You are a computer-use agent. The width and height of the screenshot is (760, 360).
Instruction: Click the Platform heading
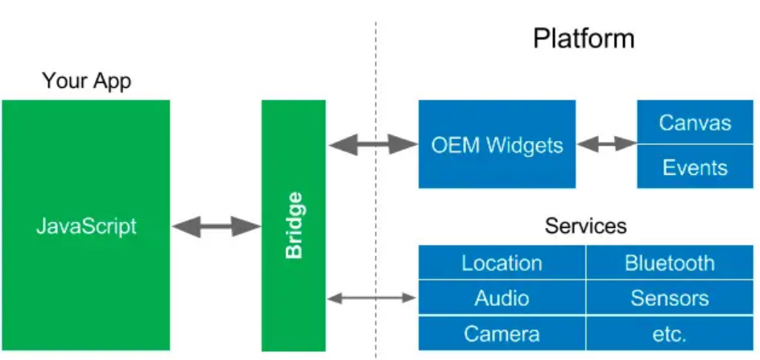(x=583, y=38)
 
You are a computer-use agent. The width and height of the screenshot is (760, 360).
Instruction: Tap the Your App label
(x=86, y=81)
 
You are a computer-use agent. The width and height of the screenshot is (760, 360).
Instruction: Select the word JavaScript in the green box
(x=86, y=226)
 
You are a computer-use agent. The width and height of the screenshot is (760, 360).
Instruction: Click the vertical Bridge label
(x=295, y=226)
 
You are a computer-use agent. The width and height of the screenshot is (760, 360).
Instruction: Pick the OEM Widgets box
(x=497, y=145)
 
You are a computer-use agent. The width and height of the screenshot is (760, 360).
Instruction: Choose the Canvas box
(x=694, y=122)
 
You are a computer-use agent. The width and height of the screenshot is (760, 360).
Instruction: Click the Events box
(x=694, y=168)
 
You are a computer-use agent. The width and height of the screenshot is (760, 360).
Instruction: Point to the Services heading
(x=585, y=226)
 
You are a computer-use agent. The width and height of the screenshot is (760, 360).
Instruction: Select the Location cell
(x=502, y=263)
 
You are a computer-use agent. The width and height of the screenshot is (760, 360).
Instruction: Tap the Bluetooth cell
(x=669, y=263)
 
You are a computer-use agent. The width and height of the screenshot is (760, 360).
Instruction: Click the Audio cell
(x=502, y=298)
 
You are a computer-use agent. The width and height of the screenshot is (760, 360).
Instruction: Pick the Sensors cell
(x=669, y=298)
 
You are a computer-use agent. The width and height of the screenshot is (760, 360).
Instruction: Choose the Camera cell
(x=502, y=333)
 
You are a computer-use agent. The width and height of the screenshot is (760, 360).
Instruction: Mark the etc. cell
(x=669, y=333)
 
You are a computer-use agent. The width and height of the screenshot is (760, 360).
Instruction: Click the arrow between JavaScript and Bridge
(x=217, y=226)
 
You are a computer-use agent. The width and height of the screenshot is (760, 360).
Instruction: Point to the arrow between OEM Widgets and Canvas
(x=606, y=145)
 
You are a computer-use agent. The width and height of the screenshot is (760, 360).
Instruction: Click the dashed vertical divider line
(x=375, y=201)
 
